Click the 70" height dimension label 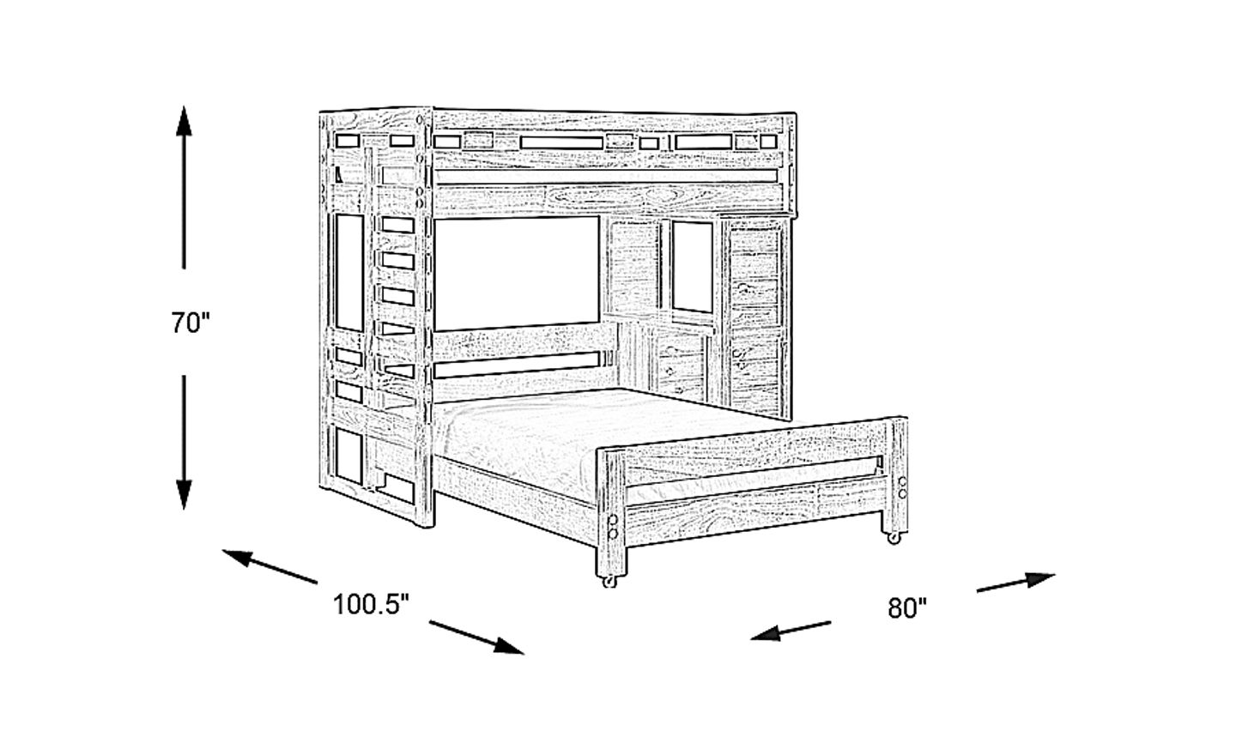tap(189, 324)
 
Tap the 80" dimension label tap(908, 608)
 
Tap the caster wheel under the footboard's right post tap(894, 540)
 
